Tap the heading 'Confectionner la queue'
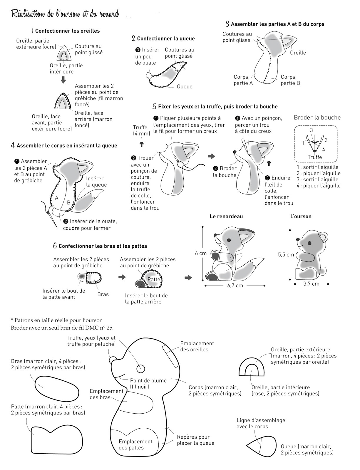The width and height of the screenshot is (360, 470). pyautogui.click(x=166, y=38)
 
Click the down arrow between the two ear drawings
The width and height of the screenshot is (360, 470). pyautogui.click(x=63, y=80)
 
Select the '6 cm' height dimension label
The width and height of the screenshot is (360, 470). pyautogui.click(x=201, y=253)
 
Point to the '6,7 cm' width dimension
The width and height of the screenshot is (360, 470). pyautogui.click(x=235, y=286)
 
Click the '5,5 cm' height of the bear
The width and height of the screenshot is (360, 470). pyautogui.click(x=286, y=255)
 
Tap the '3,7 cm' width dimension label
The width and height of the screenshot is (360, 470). pyautogui.click(x=311, y=284)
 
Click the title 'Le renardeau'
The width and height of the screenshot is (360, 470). pyautogui.click(x=226, y=216)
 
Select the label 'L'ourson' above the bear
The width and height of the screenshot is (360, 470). pyautogui.click(x=301, y=216)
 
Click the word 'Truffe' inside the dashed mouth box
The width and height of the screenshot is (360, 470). pyautogui.click(x=315, y=157)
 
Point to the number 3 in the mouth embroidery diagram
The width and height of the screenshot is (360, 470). pyautogui.click(x=312, y=130)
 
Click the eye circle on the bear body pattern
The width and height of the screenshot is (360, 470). pyautogui.click(x=140, y=368)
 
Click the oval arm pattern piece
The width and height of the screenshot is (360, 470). pyautogui.click(x=57, y=388)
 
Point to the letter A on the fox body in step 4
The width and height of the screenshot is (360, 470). pyautogui.click(x=57, y=198)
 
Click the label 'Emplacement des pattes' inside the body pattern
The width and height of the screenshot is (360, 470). pyautogui.click(x=135, y=444)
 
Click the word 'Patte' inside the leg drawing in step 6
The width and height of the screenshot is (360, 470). pyautogui.click(x=154, y=279)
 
